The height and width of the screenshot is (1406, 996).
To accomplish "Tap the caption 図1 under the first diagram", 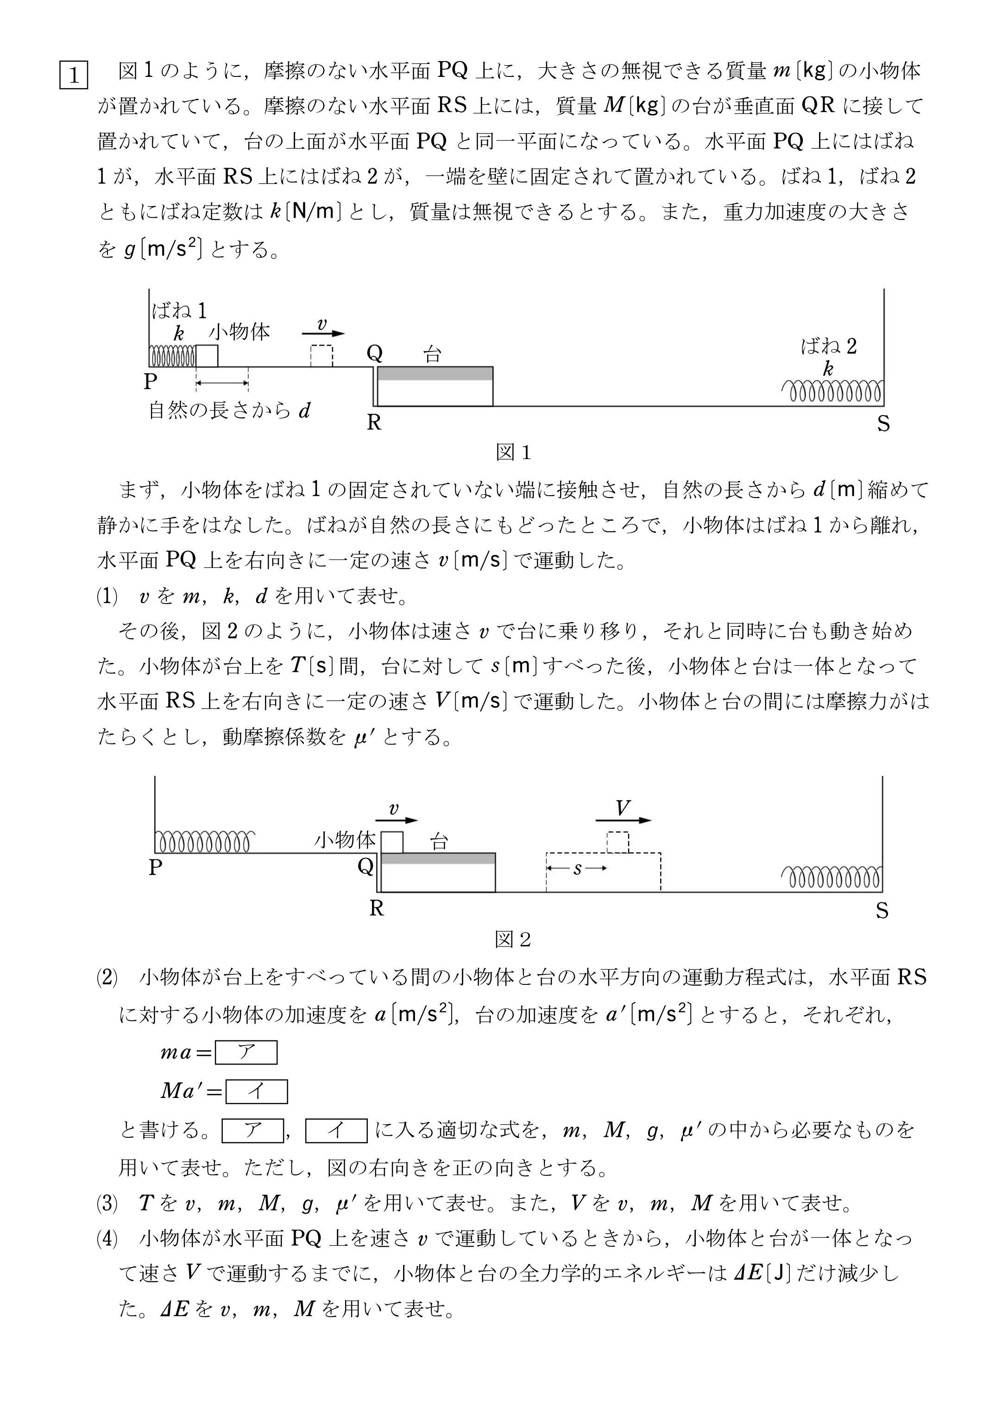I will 513,453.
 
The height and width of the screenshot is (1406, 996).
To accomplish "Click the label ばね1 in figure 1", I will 179,311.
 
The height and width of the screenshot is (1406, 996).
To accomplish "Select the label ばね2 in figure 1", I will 829,347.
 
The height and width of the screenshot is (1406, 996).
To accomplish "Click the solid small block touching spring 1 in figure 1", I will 207,356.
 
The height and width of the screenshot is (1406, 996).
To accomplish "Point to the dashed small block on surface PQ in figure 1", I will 321,356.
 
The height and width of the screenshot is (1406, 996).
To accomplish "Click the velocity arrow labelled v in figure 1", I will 323,334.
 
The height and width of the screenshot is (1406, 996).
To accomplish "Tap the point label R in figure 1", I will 373,422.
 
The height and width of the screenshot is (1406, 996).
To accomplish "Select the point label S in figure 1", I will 883,424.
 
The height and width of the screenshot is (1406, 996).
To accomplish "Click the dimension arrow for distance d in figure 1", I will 222,383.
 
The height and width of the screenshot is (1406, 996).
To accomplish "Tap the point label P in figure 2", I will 155,868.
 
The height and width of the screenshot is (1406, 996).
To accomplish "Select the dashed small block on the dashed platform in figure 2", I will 618,842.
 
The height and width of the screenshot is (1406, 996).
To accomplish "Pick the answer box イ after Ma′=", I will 256,1091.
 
